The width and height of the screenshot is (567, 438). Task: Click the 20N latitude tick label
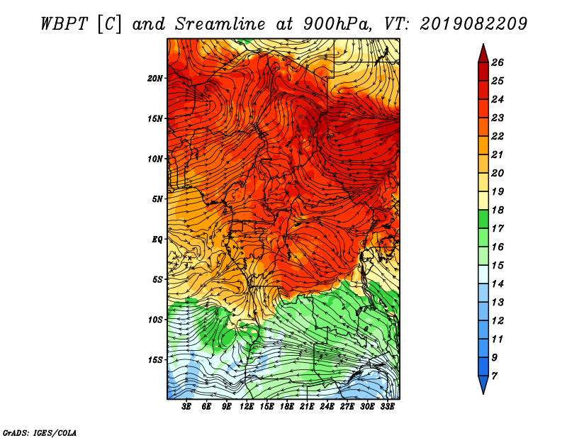click(x=155, y=79)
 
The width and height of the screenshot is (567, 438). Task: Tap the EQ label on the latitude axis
click(x=157, y=240)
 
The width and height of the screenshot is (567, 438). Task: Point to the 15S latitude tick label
click(x=155, y=360)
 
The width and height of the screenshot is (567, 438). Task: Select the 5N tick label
click(x=157, y=199)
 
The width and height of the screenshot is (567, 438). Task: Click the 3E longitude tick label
click(x=186, y=407)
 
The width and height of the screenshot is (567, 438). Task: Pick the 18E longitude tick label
click(x=287, y=407)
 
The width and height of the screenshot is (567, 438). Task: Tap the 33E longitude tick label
click(x=387, y=407)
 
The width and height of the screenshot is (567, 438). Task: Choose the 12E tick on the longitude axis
click(x=247, y=407)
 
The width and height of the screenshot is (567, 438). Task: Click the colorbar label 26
click(x=498, y=62)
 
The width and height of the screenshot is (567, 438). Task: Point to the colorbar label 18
click(x=498, y=210)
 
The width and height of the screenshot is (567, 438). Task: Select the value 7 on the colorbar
click(x=494, y=376)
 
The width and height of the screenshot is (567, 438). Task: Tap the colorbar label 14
click(x=498, y=284)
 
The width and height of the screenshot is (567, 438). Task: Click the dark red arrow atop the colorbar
click(x=483, y=55)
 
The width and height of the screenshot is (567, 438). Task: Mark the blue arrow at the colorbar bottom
click(x=483, y=383)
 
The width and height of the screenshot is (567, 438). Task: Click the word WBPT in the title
click(x=64, y=24)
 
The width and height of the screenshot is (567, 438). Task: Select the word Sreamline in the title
click(x=220, y=24)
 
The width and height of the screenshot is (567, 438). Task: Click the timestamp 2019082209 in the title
click(x=473, y=24)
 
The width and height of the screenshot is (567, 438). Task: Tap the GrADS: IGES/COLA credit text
click(x=40, y=433)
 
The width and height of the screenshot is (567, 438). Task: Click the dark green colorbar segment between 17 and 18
click(x=483, y=219)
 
